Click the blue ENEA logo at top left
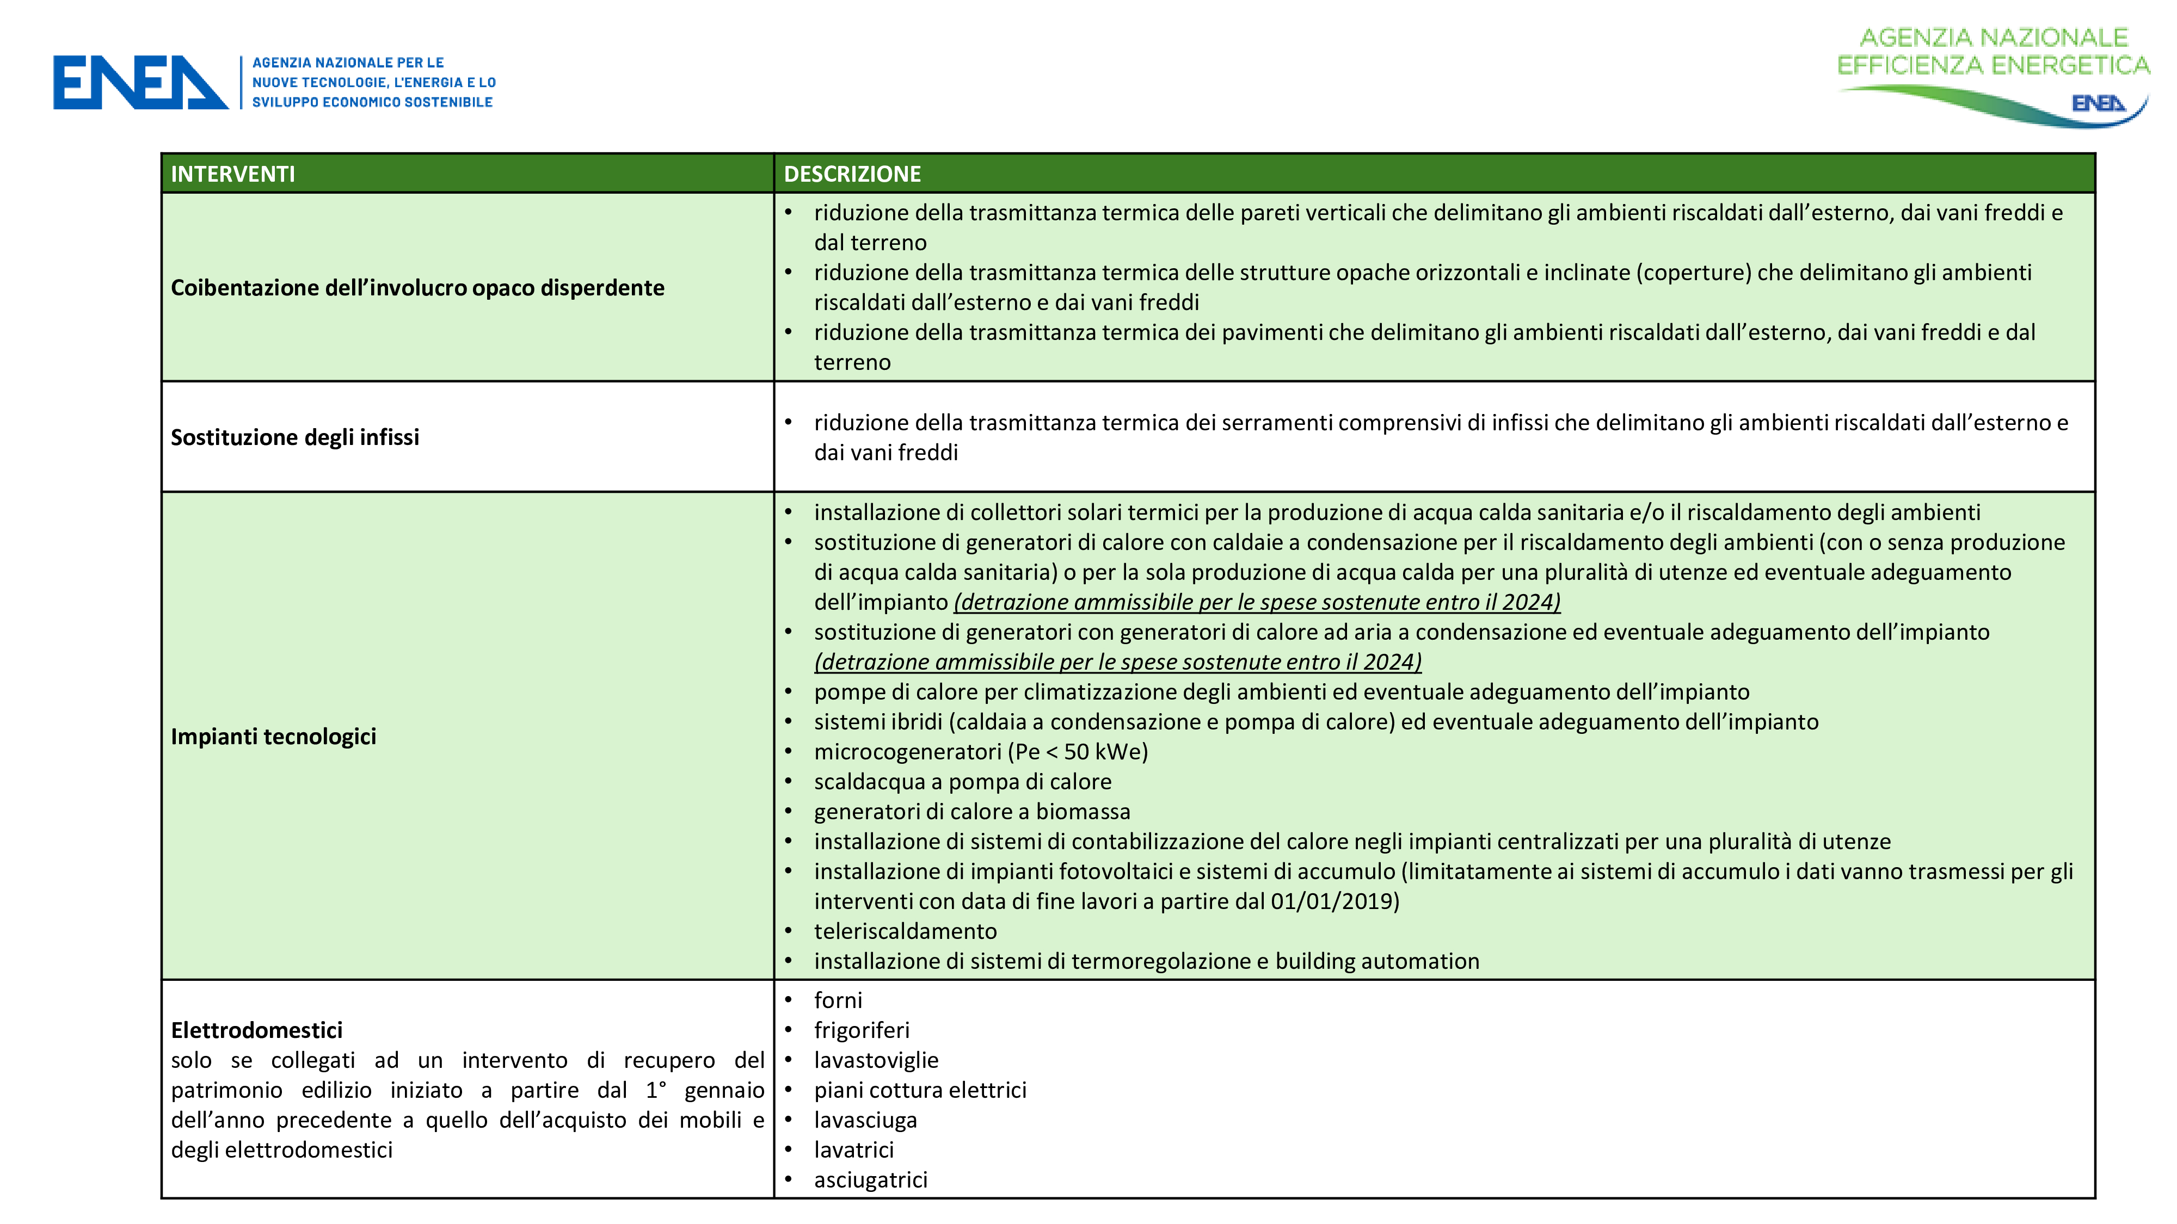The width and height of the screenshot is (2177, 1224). pyautogui.click(x=140, y=83)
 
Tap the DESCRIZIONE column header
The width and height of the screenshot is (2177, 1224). pyautogui.click(x=852, y=174)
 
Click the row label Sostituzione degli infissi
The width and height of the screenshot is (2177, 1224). pyautogui.click(x=295, y=437)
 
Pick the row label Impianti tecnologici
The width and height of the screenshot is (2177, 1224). pyautogui.click(x=274, y=737)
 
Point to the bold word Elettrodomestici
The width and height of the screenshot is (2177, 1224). pyautogui.click(x=257, y=1030)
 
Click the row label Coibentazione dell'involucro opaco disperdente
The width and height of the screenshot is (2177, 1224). pyautogui.click(x=417, y=288)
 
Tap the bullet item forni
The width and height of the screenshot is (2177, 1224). pyautogui.click(x=838, y=1001)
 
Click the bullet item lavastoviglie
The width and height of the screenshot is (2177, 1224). pyautogui.click(x=876, y=1060)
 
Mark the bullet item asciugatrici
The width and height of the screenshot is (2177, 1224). pyautogui.click(x=870, y=1180)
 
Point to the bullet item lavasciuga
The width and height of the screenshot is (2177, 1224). pyautogui.click(x=865, y=1120)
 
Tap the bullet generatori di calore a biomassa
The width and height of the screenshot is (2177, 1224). pyautogui.click(x=972, y=812)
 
